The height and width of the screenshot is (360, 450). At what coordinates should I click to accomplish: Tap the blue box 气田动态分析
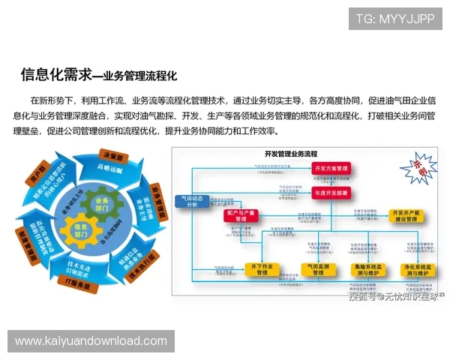coord(191,201)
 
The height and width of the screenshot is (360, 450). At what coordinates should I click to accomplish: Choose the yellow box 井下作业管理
coord(262,268)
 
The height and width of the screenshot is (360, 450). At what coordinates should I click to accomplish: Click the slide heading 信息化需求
coord(55,74)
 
